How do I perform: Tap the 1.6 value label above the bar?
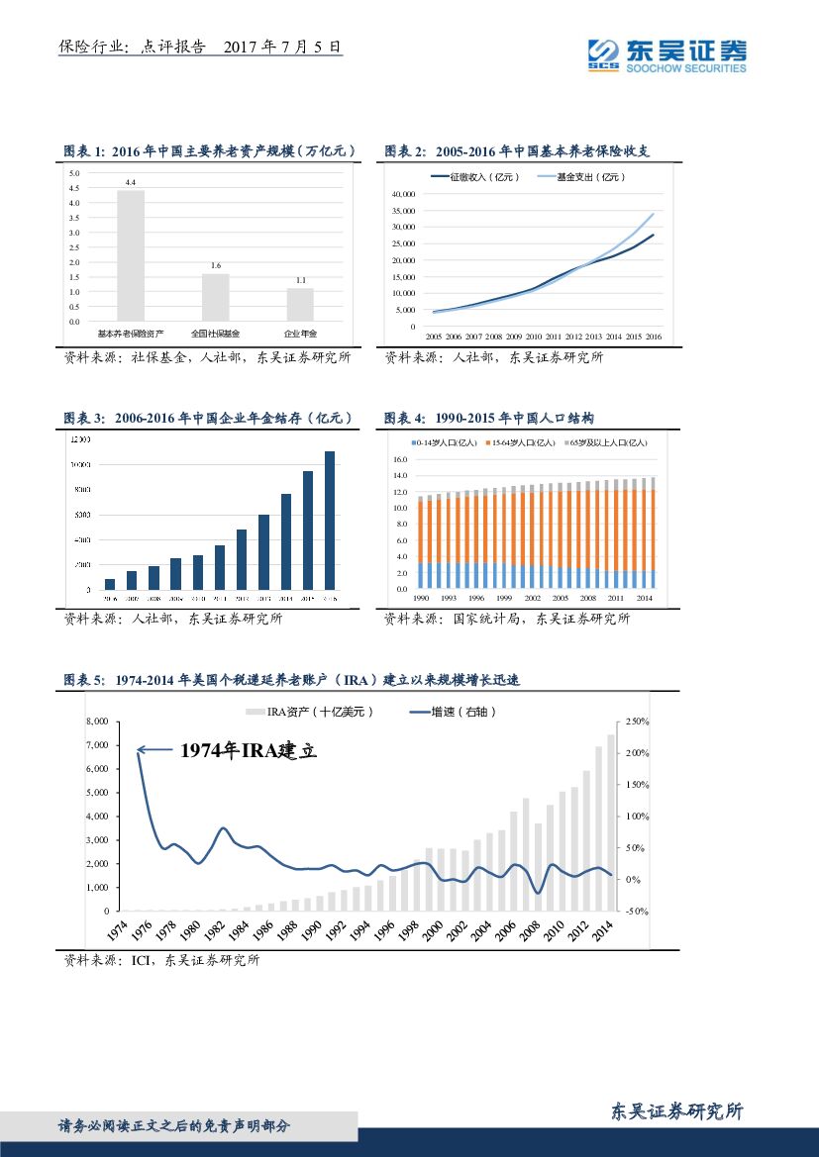pyautogui.click(x=215, y=266)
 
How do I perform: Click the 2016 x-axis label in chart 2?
pyautogui.click(x=654, y=337)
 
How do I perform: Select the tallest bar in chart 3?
pyautogui.click(x=330, y=521)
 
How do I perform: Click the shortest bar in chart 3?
pyautogui.click(x=110, y=584)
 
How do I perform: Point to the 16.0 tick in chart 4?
pyautogui.click(x=400, y=460)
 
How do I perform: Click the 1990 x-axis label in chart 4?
pyautogui.click(x=421, y=599)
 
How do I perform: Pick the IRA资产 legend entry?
pyautogui.click(x=307, y=712)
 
